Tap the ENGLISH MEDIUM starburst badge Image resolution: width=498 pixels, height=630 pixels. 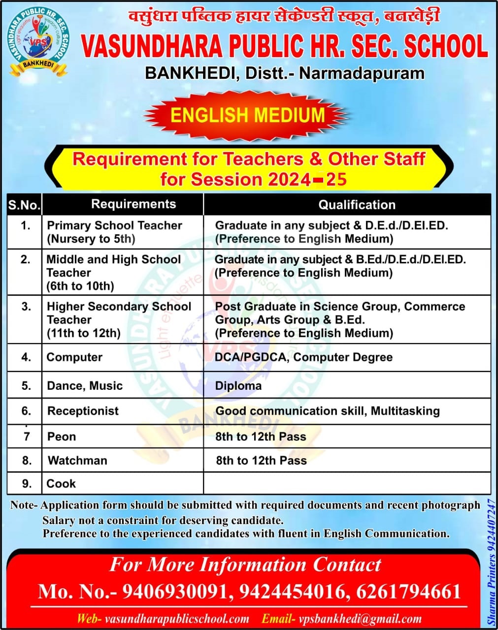point(247,115)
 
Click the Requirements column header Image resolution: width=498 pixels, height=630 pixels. point(133,204)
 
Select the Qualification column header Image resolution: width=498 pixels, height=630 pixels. point(357,205)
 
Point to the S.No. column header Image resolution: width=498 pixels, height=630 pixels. point(24,205)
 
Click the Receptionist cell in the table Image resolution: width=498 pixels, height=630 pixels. point(83,411)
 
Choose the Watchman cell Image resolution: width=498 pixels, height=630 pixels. point(77,461)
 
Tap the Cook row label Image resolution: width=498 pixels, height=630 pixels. point(61,483)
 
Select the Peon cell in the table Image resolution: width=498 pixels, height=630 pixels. point(62,437)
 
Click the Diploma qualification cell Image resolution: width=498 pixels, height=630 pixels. point(238,386)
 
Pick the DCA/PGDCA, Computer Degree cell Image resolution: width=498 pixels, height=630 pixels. point(303,357)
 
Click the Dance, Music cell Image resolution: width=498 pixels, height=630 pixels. point(85,386)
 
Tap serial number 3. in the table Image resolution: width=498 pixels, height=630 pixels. point(26,307)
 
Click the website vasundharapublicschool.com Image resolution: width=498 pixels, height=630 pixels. point(177,619)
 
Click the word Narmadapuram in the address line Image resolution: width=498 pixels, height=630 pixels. point(362,73)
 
